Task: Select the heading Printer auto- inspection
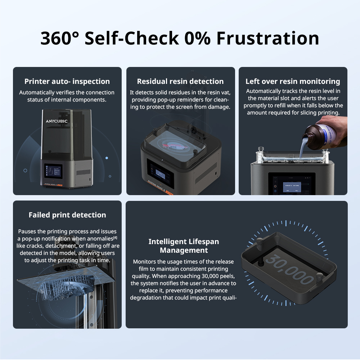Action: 67,81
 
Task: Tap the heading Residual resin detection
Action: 180,81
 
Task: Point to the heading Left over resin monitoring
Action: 293,81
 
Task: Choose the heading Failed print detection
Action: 67,215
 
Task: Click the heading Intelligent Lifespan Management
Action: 184,246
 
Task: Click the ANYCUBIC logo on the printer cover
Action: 57,121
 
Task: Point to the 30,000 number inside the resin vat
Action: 290,269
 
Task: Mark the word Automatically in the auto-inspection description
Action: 39,93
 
